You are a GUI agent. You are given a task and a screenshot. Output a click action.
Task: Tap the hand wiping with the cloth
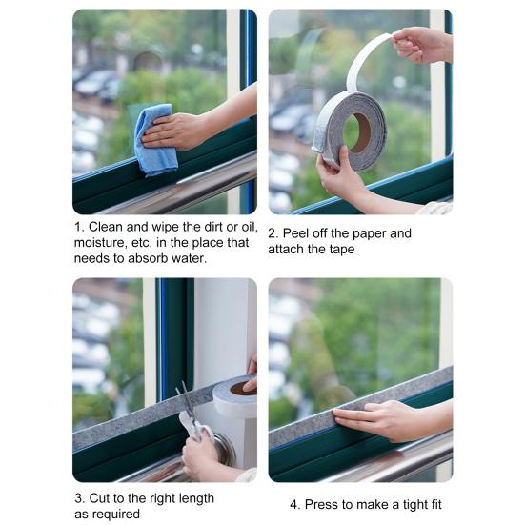(x=174, y=131)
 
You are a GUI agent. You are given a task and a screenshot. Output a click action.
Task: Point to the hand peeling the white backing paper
(x=422, y=46)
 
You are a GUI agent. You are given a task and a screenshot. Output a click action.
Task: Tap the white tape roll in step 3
(x=235, y=396)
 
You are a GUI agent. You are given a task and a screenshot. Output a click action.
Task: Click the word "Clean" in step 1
(x=106, y=227)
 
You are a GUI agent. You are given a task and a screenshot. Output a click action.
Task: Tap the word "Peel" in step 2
(x=294, y=233)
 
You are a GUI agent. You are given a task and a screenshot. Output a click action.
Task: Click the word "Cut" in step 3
(x=100, y=498)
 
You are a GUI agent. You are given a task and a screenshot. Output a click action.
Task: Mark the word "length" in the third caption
(x=196, y=499)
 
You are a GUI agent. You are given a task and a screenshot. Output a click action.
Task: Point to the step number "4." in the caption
(x=295, y=504)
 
